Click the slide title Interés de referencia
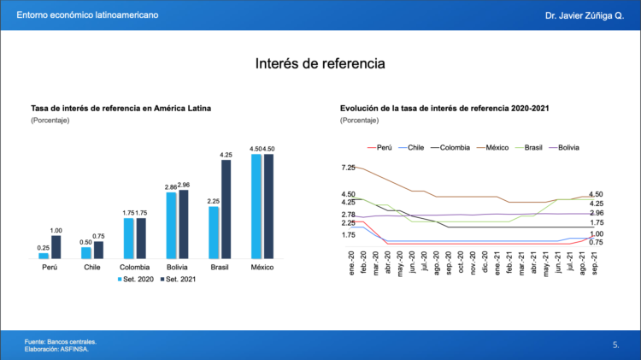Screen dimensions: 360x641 320,64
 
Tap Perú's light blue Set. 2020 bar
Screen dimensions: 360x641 44,255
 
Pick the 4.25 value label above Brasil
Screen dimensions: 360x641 226,155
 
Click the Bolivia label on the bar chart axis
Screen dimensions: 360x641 178,268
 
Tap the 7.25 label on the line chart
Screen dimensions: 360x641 348,168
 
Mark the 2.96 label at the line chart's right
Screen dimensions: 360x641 597,213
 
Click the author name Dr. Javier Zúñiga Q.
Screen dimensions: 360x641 585,16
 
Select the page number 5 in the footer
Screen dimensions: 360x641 615,345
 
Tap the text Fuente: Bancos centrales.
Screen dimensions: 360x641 60,342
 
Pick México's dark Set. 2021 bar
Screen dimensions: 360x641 268,206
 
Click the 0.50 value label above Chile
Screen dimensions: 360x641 85,242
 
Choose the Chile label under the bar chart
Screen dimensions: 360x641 92,268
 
